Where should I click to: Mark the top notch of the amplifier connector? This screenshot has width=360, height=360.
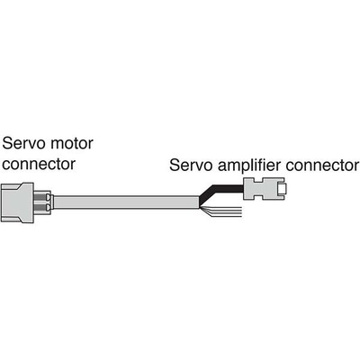[x=261, y=180]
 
